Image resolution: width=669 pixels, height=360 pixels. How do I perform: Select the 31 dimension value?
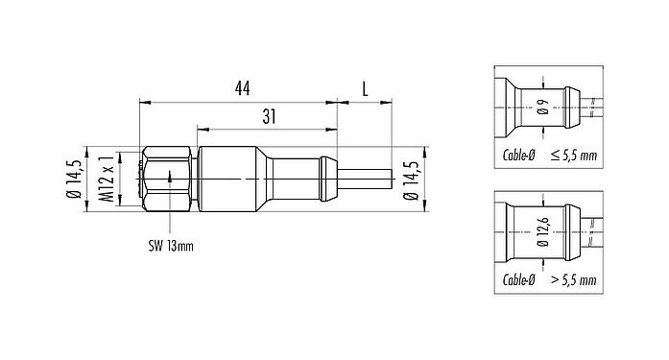coord(270,116)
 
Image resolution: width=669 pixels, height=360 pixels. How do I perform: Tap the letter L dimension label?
coord(365,88)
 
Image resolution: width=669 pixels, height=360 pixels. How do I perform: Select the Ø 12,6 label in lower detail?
coord(543,235)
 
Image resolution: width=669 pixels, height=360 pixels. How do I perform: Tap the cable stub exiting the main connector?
coord(365,178)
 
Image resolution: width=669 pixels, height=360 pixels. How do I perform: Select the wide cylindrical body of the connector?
coord(230,178)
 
